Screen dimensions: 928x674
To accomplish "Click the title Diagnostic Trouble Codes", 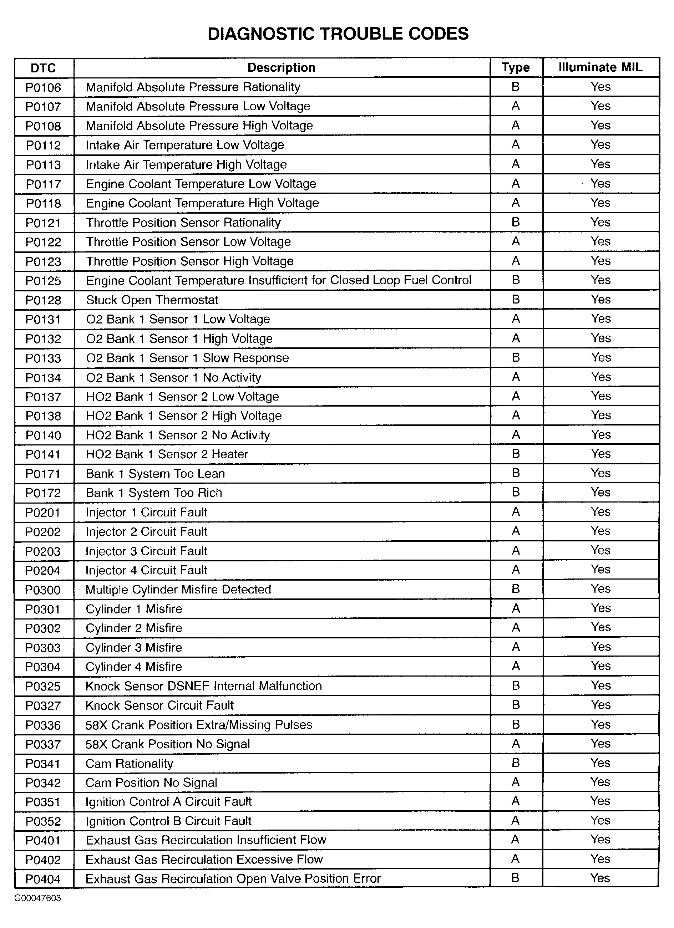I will [338, 34].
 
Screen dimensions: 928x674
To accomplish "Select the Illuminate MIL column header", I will [600, 67].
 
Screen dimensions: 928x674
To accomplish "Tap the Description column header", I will [282, 67].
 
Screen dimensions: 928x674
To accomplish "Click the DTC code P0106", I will [43, 87].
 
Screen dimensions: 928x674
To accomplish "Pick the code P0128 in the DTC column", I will [43, 300].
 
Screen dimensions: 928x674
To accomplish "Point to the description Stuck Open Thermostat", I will [152, 300].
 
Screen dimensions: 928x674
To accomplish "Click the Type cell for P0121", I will [516, 222].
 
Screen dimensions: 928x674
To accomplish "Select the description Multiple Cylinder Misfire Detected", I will [178, 589].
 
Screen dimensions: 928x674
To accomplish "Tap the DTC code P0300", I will [43, 590].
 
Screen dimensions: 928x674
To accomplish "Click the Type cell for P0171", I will [516, 473].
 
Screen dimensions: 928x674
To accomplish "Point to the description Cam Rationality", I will [129, 764].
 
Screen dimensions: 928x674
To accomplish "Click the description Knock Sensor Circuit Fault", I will [159, 705].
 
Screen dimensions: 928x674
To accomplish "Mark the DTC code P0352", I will [43, 821].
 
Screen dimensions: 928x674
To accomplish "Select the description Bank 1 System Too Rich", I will [154, 493].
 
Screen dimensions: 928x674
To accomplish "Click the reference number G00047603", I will [38, 898].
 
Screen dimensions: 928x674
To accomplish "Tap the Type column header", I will [516, 67].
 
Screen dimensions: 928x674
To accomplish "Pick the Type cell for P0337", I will [516, 744].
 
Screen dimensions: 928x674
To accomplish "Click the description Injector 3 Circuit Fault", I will [147, 551].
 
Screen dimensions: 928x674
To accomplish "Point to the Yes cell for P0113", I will [600, 164].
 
